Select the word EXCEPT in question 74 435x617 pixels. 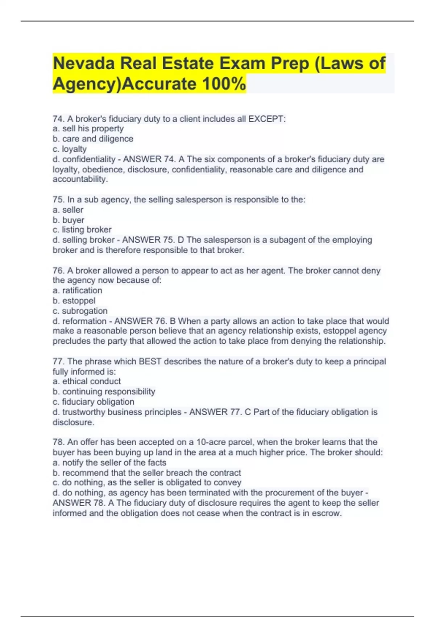pos(266,119)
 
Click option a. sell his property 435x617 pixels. pos(88,129)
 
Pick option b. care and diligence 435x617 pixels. pos(93,139)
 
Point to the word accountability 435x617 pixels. pos(80,179)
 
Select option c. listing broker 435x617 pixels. pos(82,230)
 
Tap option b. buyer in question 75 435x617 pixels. pos(69,220)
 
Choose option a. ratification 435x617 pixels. pos(77,291)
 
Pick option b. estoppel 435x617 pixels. pos(74,301)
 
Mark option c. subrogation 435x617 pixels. pos(80,311)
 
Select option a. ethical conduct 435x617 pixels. pos(87,381)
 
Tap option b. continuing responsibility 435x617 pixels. pos(104,392)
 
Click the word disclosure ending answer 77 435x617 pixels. pos(73,422)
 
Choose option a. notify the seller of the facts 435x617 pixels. pos(109,463)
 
